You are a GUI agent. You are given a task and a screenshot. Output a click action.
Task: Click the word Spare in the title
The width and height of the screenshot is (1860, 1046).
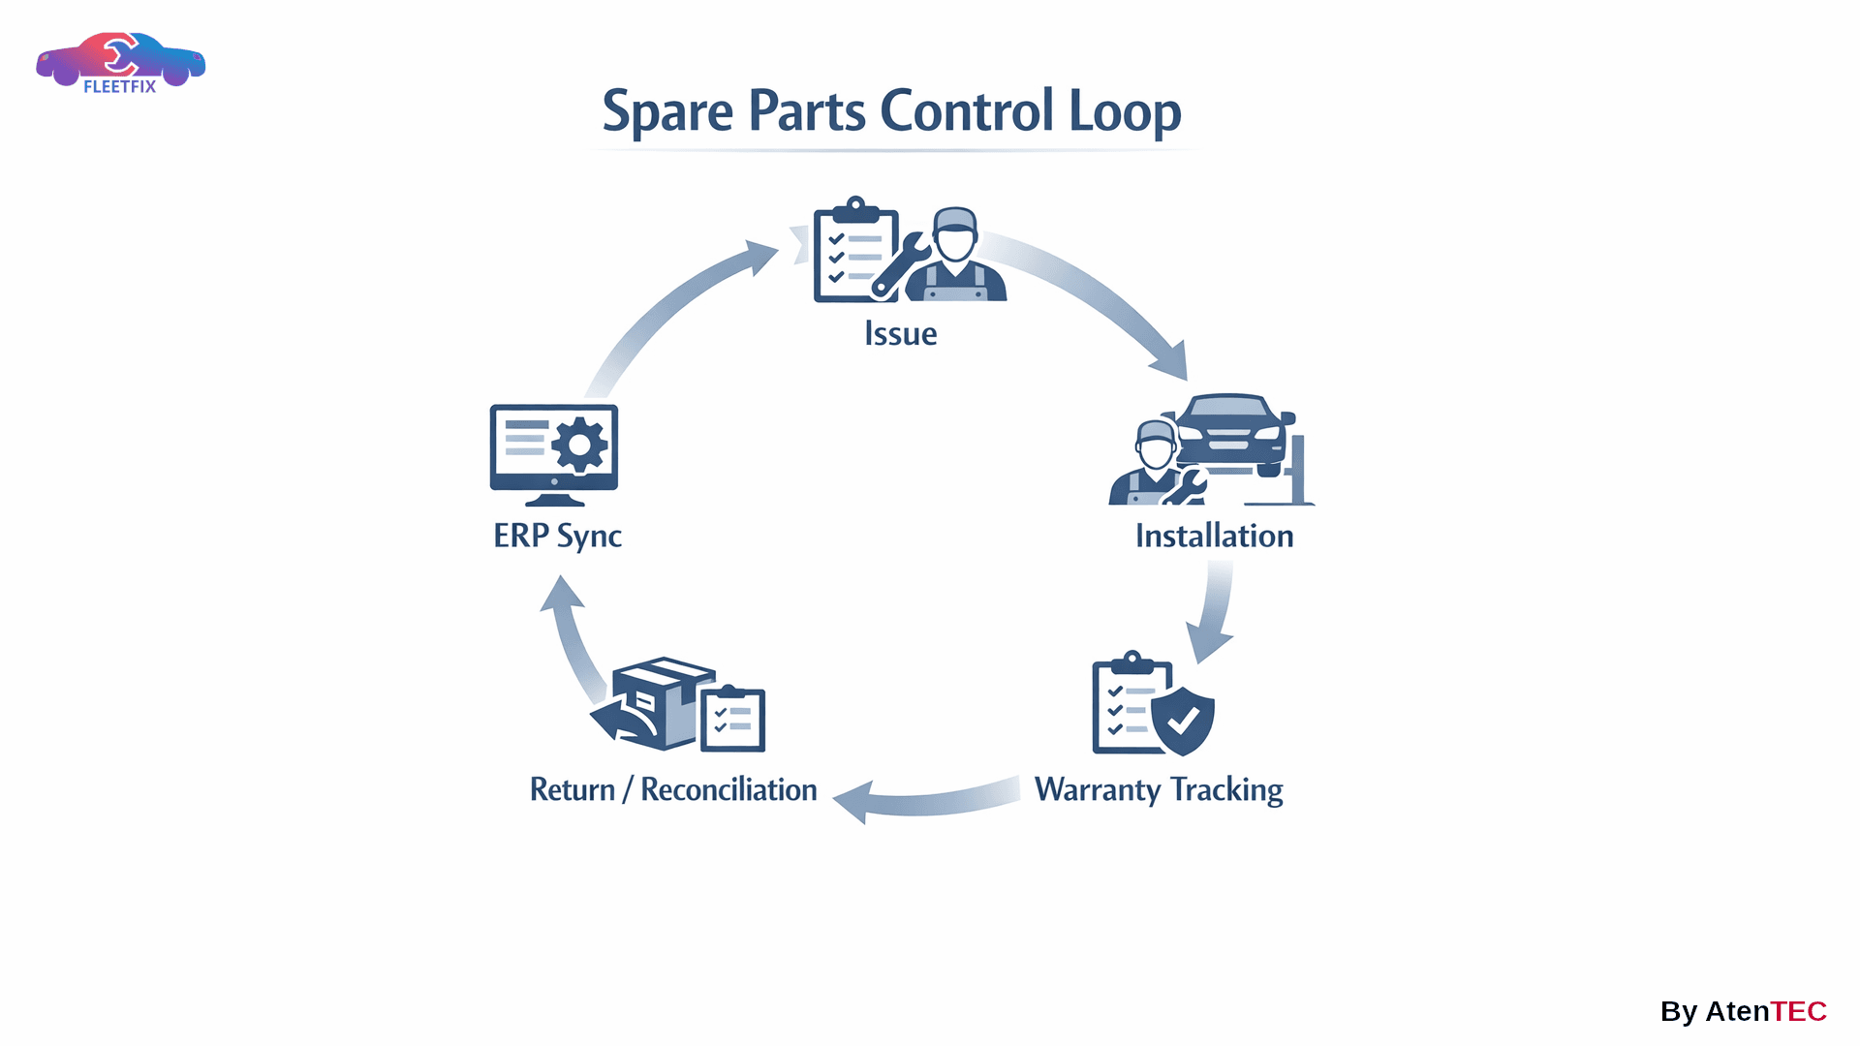[667, 111]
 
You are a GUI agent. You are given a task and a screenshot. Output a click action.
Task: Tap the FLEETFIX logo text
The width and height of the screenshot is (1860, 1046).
[119, 86]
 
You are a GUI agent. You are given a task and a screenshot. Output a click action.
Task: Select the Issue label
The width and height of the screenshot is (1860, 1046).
[900, 333]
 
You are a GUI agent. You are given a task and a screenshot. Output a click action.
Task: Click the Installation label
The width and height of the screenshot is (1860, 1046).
[1214, 536]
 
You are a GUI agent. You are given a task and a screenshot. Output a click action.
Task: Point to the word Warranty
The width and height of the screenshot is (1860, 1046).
[1097, 789]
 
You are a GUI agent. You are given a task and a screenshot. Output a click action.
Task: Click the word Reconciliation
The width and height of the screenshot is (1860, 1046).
[728, 789]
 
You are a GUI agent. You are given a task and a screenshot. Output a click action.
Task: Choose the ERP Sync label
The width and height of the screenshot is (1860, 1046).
[557, 536]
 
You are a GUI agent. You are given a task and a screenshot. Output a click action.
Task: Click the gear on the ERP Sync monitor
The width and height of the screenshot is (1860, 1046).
[579, 445]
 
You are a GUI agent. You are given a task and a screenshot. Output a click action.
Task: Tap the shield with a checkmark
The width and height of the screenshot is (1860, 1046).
[1183, 721]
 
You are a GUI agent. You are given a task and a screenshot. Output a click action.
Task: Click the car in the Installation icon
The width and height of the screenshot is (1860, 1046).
[1229, 431]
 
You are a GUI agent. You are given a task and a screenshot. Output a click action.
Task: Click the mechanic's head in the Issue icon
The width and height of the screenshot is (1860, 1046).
[955, 234]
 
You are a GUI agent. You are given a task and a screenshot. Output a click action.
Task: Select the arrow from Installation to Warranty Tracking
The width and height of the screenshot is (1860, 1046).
[1213, 610]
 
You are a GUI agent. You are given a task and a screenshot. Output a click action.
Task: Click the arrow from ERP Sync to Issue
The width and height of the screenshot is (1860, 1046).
[668, 310]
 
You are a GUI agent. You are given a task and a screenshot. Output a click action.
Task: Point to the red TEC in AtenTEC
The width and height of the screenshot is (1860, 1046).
[1798, 1011]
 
